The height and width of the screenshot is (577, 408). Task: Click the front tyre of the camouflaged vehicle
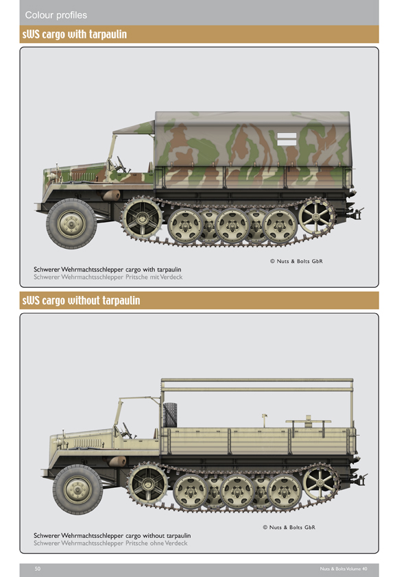click(71, 223)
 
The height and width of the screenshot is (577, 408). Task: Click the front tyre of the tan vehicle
click(77, 489)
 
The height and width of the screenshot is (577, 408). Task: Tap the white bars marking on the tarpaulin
click(287, 139)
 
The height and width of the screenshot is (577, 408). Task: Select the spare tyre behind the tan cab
click(170, 415)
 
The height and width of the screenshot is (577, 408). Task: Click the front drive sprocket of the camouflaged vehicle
click(142, 218)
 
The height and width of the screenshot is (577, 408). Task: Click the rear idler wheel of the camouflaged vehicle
click(315, 217)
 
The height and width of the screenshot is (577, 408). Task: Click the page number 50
click(38, 569)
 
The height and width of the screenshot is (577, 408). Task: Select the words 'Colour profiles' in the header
click(56, 15)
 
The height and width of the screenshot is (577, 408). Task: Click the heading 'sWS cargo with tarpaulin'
click(74, 34)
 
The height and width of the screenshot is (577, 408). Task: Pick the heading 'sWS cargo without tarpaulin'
click(81, 300)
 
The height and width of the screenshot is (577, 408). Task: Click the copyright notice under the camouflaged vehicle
click(296, 261)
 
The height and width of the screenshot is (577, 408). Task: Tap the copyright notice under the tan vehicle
click(289, 527)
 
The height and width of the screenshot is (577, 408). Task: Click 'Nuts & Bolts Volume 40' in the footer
click(344, 569)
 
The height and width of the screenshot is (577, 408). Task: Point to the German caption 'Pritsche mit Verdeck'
click(154, 277)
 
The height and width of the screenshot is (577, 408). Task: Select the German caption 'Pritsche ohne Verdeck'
click(156, 543)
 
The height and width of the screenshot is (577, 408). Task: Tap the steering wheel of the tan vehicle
click(128, 430)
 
